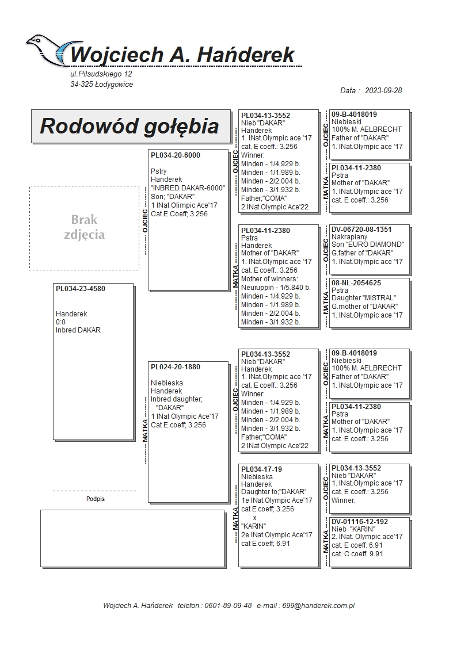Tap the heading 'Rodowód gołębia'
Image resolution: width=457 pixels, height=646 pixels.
(130, 126)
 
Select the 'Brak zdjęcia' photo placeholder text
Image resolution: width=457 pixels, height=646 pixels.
(85, 227)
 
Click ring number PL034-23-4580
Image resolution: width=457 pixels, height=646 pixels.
(81, 289)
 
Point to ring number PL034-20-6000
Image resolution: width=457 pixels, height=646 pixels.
(176, 155)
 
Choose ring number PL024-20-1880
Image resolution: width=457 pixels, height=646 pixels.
(176, 366)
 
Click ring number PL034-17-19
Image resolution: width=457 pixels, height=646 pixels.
(261, 469)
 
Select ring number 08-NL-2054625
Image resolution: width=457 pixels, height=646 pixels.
(356, 283)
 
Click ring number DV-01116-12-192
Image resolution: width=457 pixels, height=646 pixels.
(360, 522)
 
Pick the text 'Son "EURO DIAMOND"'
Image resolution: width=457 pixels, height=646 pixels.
(368, 244)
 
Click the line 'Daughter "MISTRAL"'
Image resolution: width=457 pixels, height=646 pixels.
(364, 298)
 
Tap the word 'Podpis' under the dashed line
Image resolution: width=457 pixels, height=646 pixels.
(95, 499)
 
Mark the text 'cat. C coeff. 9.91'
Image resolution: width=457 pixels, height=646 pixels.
(357, 554)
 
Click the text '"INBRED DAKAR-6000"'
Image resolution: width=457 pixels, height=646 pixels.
(188, 188)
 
